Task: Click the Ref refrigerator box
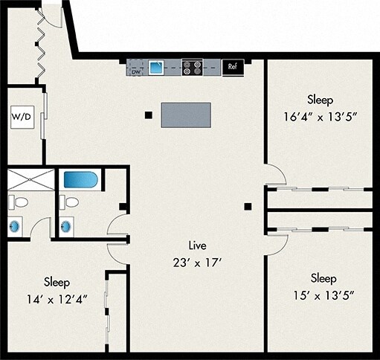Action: click(x=233, y=67)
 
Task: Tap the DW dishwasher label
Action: click(x=136, y=72)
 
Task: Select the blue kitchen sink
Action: click(x=156, y=68)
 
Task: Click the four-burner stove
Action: click(x=192, y=68)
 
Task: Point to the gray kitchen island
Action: click(x=186, y=115)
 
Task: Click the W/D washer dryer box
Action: click(x=22, y=117)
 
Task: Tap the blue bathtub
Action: click(x=81, y=180)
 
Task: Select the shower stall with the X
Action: click(x=30, y=180)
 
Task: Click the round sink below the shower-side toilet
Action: click(x=14, y=226)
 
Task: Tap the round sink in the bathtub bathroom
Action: click(x=66, y=226)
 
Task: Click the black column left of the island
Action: click(x=149, y=115)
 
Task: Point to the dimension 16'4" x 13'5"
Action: click(x=321, y=117)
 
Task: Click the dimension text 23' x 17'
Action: click(x=197, y=263)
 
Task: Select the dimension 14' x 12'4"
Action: click(x=57, y=300)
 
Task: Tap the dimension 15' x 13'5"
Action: click(x=323, y=295)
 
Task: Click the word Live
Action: click(x=197, y=245)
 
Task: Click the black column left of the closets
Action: click(x=248, y=207)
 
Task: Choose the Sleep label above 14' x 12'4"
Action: click(x=57, y=283)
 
